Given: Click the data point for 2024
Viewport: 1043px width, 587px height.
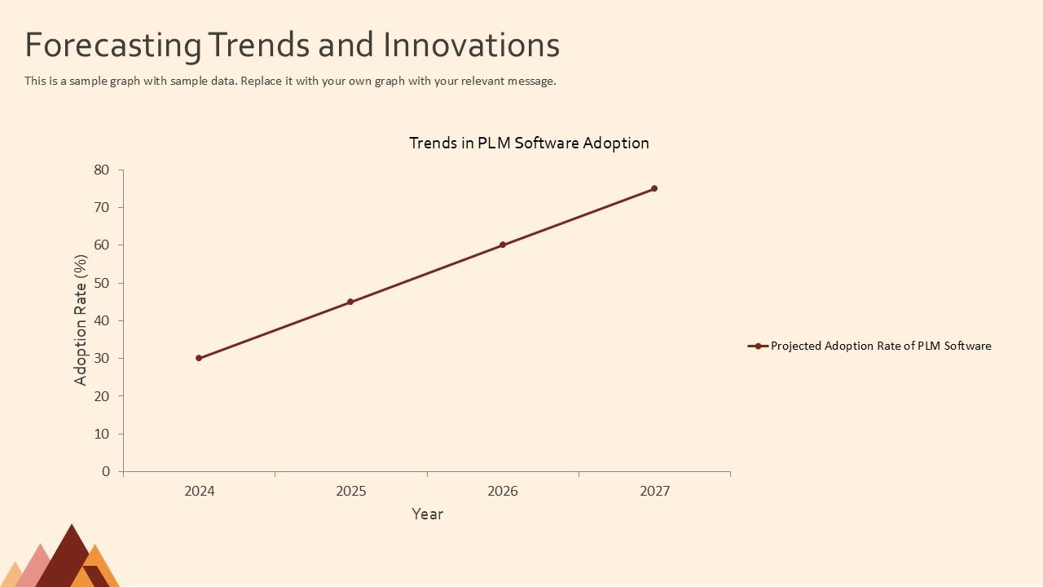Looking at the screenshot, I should click(199, 358).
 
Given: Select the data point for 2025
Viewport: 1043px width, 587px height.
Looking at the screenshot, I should click(350, 302).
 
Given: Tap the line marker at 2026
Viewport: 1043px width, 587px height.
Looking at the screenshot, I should click(503, 245).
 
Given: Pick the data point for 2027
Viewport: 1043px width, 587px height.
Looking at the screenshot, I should click(654, 188).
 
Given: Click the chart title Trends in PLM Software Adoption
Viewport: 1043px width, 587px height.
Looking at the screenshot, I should click(529, 143).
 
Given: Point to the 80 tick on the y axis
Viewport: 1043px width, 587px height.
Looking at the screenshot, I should click(101, 170).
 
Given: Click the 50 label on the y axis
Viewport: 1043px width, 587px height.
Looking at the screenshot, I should click(101, 283).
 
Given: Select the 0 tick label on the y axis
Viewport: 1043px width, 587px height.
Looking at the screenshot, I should click(105, 471).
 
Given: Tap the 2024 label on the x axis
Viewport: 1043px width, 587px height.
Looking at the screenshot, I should click(200, 491).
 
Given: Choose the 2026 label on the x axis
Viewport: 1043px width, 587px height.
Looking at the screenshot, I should click(503, 491).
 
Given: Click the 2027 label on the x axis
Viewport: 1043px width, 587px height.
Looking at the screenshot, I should click(654, 491).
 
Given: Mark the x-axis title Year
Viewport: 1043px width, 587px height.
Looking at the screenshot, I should click(427, 514).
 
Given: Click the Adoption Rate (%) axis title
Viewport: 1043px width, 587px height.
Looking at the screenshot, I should click(81, 320).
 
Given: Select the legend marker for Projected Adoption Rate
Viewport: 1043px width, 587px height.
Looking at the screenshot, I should click(758, 346).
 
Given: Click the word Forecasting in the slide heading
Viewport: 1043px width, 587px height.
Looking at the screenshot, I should click(112, 46).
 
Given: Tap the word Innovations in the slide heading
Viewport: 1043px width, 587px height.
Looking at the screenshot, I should click(471, 46).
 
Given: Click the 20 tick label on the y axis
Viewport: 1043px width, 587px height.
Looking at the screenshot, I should click(101, 396).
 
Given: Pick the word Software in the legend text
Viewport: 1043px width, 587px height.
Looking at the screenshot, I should click(968, 346).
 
